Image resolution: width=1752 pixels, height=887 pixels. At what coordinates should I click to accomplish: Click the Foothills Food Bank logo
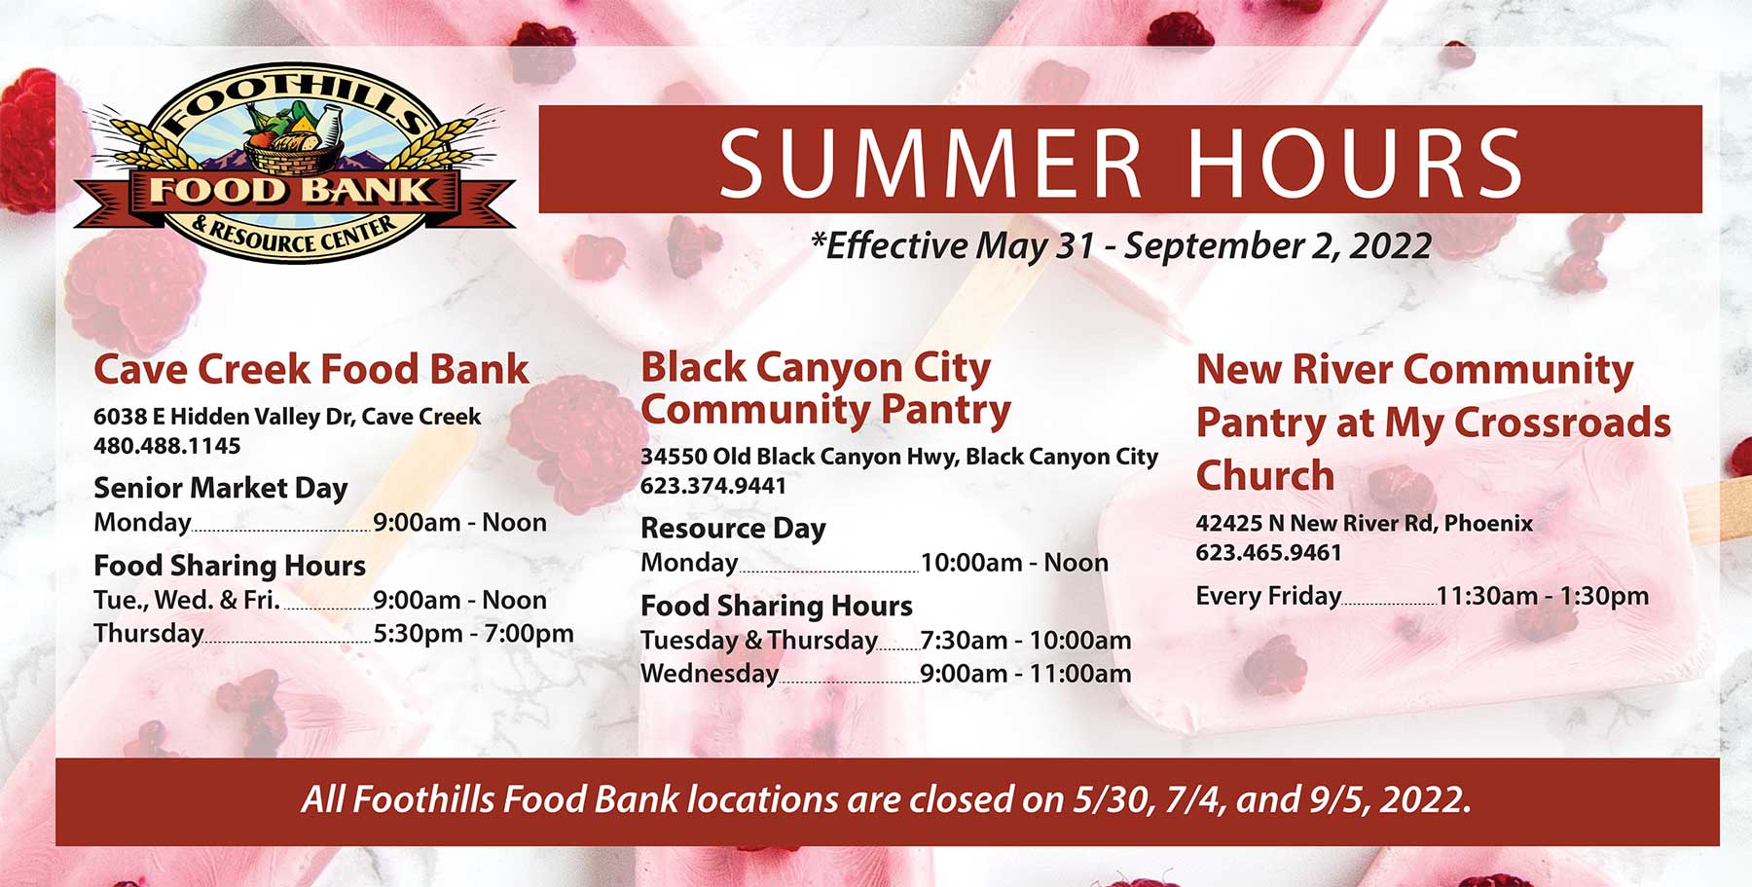click(295, 165)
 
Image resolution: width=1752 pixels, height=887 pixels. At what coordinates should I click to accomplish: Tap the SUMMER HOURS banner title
click(1121, 162)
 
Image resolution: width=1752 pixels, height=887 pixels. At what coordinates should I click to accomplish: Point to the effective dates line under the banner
click(1121, 245)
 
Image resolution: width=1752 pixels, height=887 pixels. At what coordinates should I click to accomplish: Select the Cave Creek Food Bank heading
click(311, 370)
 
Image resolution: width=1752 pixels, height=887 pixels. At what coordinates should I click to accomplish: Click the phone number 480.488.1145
click(166, 446)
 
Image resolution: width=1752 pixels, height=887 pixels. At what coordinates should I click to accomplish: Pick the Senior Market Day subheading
click(220, 488)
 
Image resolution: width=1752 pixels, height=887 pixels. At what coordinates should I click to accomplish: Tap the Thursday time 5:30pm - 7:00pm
click(473, 634)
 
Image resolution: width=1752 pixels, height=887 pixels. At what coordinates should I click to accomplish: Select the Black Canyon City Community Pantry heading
click(825, 388)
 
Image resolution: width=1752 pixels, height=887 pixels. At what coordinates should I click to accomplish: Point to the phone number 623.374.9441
click(713, 486)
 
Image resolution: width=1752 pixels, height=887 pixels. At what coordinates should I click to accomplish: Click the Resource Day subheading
click(733, 529)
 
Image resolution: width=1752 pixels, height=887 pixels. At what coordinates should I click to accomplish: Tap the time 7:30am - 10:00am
click(1026, 641)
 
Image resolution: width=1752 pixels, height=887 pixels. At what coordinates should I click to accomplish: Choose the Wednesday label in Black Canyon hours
click(710, 674)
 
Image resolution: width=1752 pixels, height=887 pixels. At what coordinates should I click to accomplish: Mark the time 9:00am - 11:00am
click(1026, 674)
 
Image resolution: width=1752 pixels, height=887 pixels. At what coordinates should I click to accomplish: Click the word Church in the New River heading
click(1265, 476)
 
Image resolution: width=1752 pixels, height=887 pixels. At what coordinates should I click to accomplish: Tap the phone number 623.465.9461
click(1269, 553)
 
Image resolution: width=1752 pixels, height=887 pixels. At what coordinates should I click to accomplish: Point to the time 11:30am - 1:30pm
click(1543, 596)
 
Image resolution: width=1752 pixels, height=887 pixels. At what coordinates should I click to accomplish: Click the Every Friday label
click(1268, 597)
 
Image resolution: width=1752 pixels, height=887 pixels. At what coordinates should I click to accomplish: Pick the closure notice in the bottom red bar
click(886, 800)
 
